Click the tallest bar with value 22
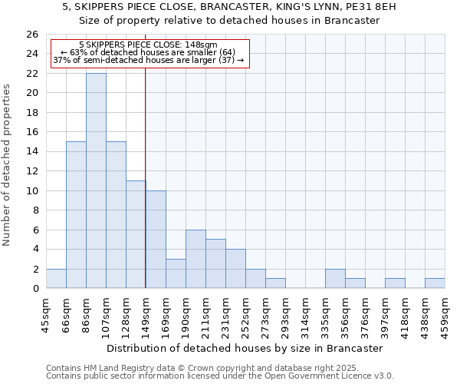pos(96,180)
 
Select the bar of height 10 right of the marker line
pos(156,239)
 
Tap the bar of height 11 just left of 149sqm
pos(136,234)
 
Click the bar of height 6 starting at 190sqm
pos(195,259)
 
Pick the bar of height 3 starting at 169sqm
pos(176,273)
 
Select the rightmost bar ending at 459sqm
pos(435,283)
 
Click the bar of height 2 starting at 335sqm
pos(335,279)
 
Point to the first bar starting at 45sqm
pos(56,279)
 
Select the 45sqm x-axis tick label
pos(46,313)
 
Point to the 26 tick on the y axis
pos(32,35)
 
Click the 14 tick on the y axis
pos(32,152)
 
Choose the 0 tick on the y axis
pos(35,289)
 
